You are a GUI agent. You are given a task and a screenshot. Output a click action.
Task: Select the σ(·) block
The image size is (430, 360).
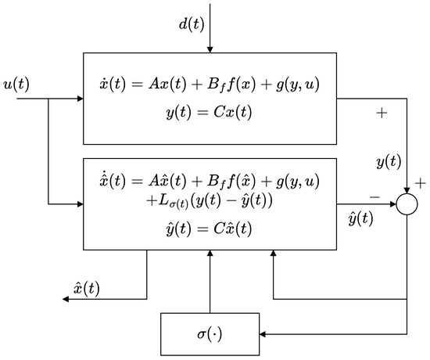coord(210,334)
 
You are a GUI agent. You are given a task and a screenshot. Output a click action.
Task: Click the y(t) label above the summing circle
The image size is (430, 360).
coord(389,164)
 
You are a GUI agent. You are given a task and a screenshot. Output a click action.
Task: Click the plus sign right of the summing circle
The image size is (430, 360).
coord(421,184)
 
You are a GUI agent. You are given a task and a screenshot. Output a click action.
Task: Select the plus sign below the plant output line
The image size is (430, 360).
coord(382,113)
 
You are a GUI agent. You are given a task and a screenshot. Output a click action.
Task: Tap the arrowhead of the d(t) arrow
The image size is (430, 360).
coord(210,49)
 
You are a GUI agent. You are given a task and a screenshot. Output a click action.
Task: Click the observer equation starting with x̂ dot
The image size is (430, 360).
coord(210,182)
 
